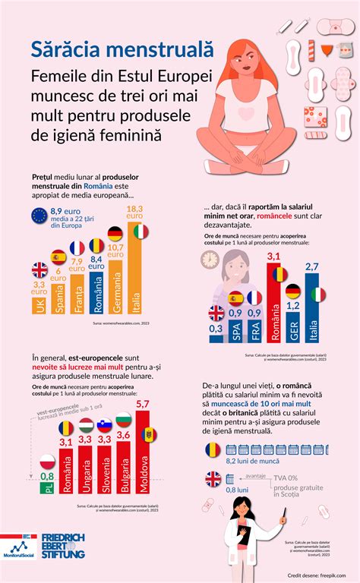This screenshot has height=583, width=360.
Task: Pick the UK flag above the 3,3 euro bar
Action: pos(39,269)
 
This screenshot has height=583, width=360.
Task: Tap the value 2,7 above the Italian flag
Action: pos(312,266)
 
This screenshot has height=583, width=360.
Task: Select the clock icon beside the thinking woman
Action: pos(210,260)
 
